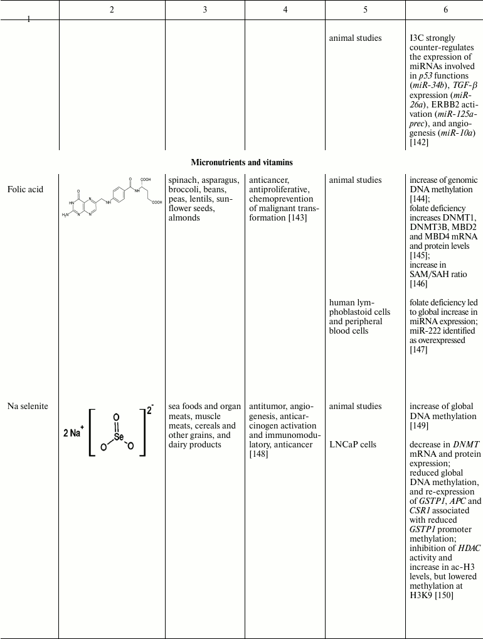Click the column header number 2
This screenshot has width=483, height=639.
click(112, 10)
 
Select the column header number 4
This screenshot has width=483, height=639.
click(285, 10)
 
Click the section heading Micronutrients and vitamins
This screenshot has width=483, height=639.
click(242, 162)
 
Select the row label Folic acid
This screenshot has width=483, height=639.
click(26, 189)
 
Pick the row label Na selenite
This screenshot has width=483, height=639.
click(28, 407)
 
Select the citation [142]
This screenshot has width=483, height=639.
click(419, 143)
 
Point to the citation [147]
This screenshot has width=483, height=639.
click(419, 349)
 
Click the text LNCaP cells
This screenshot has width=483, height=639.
click(353, 444)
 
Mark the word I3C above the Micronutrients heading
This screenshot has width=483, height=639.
click(417, 38)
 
